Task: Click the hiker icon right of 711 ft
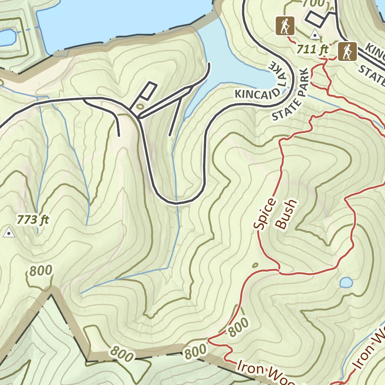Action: point(347,52)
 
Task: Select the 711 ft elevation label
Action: point(312,49)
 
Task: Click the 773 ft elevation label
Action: point(33,219)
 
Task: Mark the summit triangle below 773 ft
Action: point(8,233)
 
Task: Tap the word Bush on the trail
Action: point(286,214)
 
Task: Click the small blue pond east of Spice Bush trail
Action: point(346,282)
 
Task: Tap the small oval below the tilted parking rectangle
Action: point(140,106)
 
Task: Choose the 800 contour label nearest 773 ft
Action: point(40,271)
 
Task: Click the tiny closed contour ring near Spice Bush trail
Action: point(255,265)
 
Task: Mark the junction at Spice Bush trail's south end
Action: point(279,270)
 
